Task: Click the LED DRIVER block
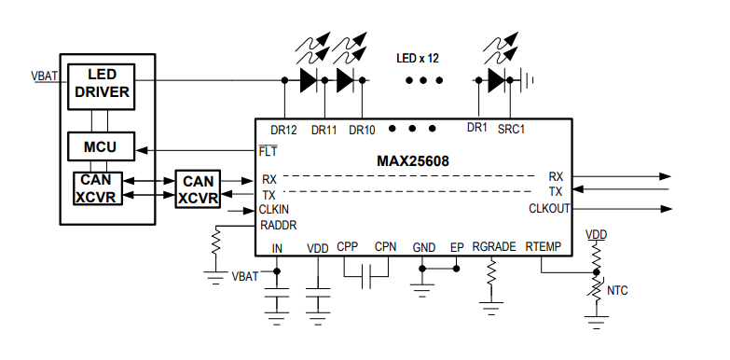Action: click(102, 84)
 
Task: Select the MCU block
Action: click(101, 147)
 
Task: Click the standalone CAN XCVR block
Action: click(199, 189)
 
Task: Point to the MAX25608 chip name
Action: click(413, 161)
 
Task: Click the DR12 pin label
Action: click(283, 130)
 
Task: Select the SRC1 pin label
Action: click(511, 130)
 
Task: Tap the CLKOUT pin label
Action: click(549, 208)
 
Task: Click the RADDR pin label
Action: click(279, 225)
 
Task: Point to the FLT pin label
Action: click(268, 150)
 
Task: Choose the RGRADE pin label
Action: click(493, 248)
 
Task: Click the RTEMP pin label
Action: click(543, 248)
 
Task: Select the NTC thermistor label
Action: click(617, 291)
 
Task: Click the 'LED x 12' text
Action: click(417, 58)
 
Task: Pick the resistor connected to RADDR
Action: click(215, 245)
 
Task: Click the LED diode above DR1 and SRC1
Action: click(495, 80)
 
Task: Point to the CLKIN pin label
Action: click(274, 210)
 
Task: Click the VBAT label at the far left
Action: click(43, 76)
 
